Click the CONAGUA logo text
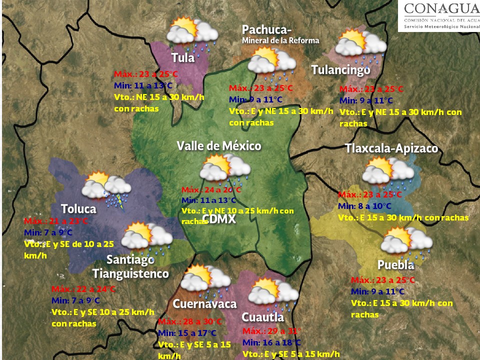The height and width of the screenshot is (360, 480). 440,8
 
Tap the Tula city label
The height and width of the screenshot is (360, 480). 182,57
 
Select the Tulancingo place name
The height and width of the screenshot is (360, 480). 341,70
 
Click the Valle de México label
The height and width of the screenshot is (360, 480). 219,146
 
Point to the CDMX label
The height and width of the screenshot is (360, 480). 219,219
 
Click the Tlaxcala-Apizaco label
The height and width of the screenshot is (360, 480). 391,148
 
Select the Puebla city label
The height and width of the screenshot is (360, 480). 395,264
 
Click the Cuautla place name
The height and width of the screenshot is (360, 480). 262,317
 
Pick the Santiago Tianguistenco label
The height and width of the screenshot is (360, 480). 131,267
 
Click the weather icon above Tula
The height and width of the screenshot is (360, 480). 190,32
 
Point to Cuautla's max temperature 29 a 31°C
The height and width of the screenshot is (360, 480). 271,331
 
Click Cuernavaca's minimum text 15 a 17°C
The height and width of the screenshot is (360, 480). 187,333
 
